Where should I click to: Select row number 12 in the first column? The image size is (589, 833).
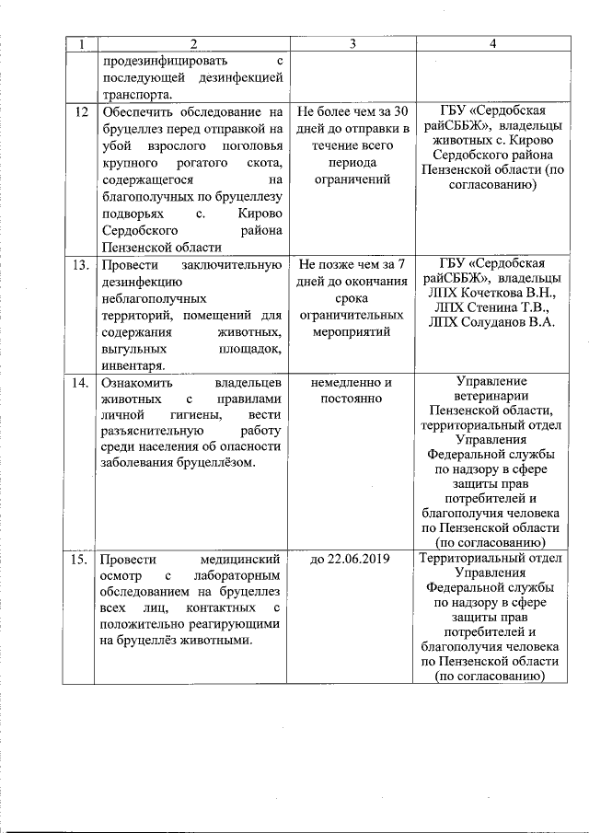click(79, 111)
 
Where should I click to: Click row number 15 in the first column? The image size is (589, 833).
click(80, 559)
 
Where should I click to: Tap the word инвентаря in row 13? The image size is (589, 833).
click(133, 365)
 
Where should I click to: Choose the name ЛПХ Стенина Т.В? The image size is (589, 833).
click(492, 307)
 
